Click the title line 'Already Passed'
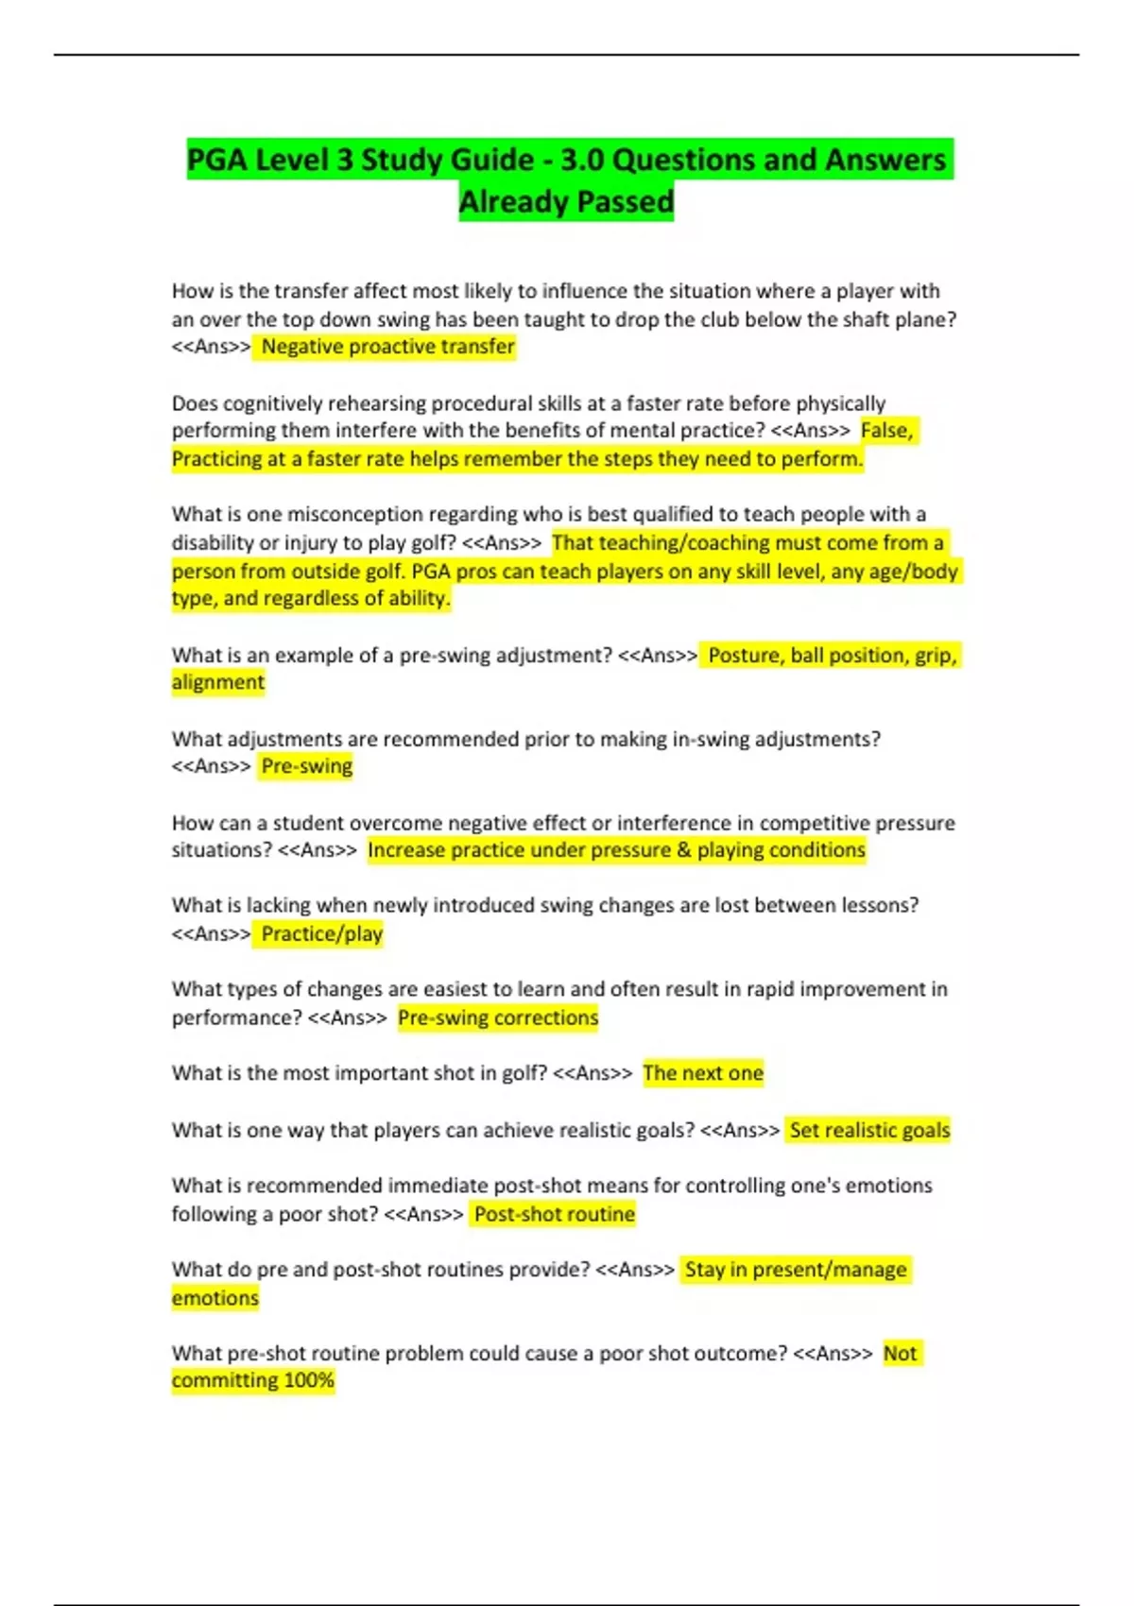click(566, 201)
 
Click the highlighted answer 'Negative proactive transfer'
click(387, 347)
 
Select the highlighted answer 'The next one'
click(703, 1073)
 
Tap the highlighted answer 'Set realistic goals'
click(869, 1130)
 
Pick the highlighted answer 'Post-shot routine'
click(555, 1214)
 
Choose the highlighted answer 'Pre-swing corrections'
click(498, 1017)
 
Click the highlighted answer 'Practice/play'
click(321, 934)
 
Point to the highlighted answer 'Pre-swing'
click(306, 766)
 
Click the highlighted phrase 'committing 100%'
click(253, 1380)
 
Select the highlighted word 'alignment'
click(218, 682)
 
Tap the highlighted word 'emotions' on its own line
click(215, 1298)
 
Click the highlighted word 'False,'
click(886, 431)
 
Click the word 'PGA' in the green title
click(217, 160)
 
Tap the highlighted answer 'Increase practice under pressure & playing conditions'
click(616, 850)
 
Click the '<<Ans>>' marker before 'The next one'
click(593, 1073)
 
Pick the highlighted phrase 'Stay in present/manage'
click(796, 1270)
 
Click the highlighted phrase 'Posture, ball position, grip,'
click(833, 655)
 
